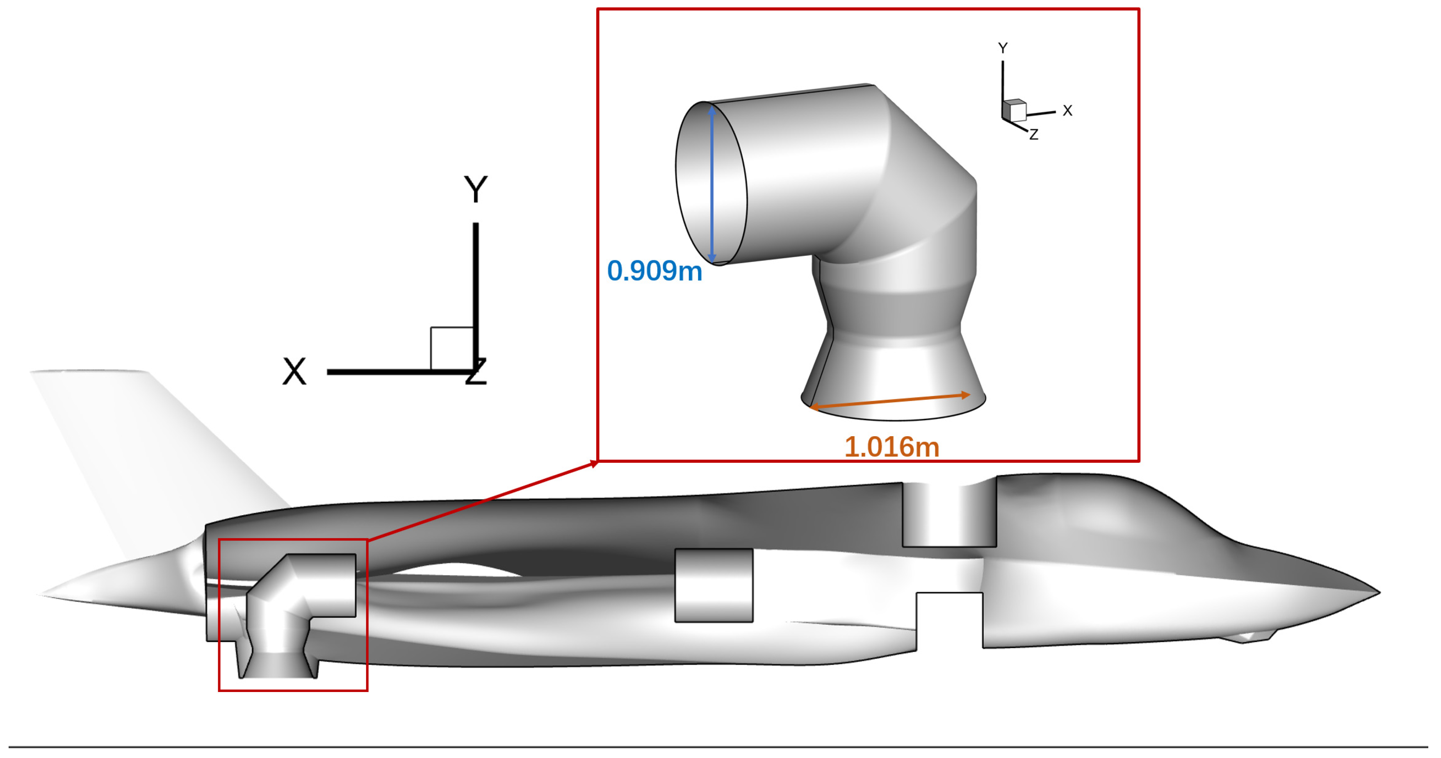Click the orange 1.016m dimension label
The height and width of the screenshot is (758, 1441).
pos(892,447)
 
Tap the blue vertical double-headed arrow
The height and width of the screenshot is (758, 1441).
pos(711,184)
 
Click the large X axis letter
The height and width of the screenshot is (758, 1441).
pos(294,371)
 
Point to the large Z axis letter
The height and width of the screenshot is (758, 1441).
pos(477,372)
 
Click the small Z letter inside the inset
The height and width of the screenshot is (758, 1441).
pos(1034,135)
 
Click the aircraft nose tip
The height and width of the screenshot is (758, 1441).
pos(1377,592)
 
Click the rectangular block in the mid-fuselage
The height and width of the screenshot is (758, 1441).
pos(714,585)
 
